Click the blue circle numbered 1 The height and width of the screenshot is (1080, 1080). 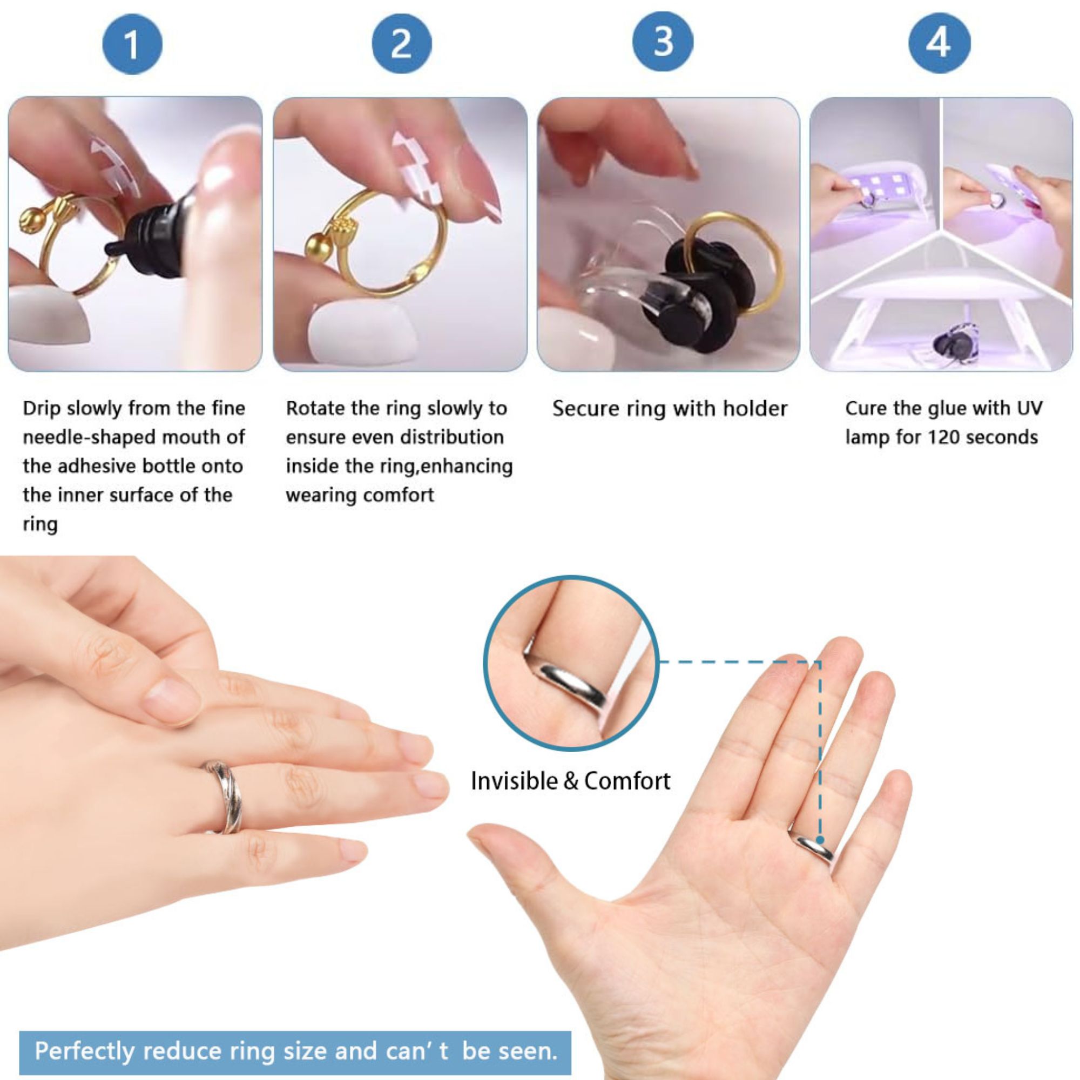point(132,44)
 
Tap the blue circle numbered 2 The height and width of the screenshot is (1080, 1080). point(401,44)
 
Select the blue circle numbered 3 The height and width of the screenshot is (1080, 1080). point(663,42)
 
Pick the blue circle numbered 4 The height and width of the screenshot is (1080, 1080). point(939,43)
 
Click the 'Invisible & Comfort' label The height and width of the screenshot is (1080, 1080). point(571,781)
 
